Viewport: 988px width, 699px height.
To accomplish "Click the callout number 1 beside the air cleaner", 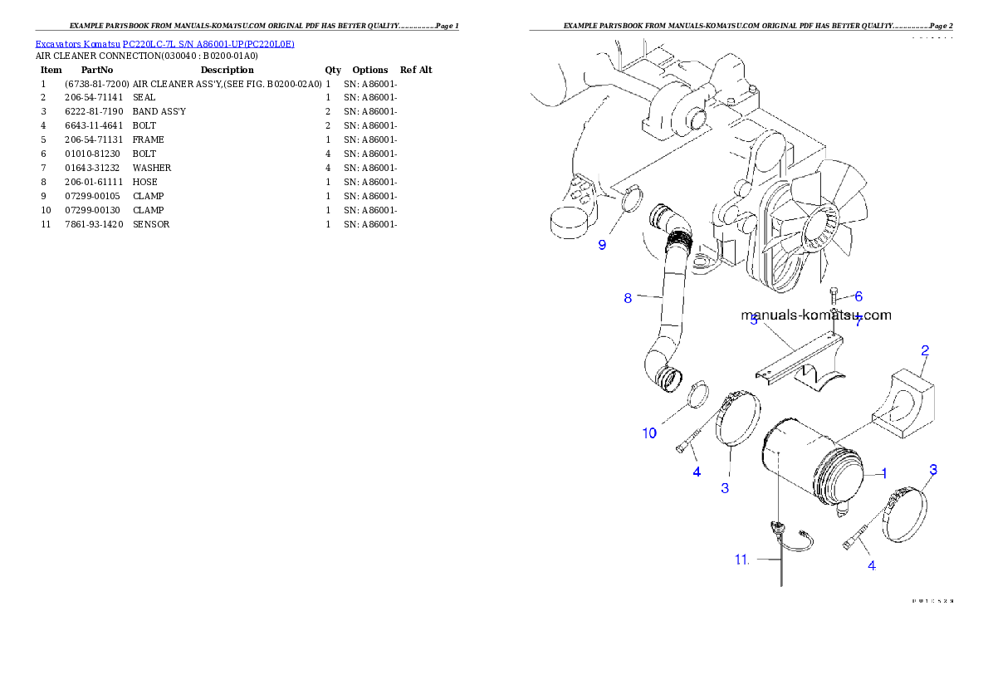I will click(884, 473).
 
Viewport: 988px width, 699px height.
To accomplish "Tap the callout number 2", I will click(924, 350).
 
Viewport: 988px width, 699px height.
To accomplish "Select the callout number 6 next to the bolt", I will click(858, 296).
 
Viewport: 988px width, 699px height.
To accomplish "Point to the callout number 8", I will click(629, 298).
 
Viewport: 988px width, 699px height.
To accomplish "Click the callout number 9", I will click(603, 245).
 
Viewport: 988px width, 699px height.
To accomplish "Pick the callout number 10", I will click(649, 433).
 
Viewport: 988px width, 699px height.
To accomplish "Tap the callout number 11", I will click(741, 560).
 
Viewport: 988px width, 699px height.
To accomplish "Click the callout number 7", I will click(858, 321).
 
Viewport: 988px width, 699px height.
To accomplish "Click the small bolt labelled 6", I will click(834, 296).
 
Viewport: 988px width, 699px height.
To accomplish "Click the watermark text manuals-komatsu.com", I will click(815, 315).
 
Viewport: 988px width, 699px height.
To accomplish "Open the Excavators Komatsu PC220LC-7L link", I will click(164, 43).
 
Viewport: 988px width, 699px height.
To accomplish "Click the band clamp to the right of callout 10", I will click(734, 423).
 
